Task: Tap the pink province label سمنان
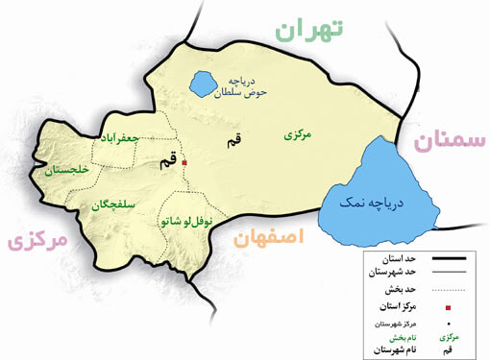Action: click(x=450, y=143)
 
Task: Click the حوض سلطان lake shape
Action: click(x=204, y=84)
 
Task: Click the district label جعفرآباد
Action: click(x=120, y=139)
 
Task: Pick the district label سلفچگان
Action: click(x=112, y=204)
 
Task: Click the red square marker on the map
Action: click(x=184, y=162)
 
